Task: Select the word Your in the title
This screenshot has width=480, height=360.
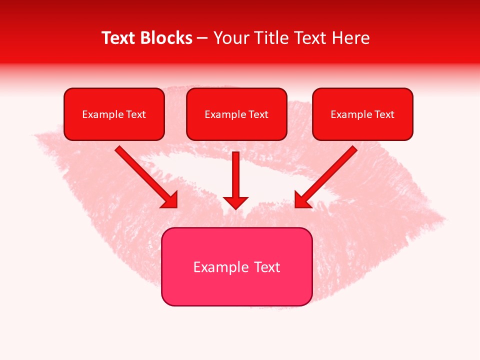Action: tap(229, 38)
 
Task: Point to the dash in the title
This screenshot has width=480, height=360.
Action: tap(202, 38)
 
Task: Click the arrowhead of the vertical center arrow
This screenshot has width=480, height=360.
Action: tap(235, 202)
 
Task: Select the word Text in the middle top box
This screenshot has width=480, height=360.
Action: tap(258, 114)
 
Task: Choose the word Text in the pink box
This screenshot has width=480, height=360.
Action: tap(267, 267)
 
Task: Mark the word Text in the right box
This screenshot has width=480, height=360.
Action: tap(384, 114)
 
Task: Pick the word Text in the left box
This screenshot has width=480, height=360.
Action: tap(136, 114)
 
